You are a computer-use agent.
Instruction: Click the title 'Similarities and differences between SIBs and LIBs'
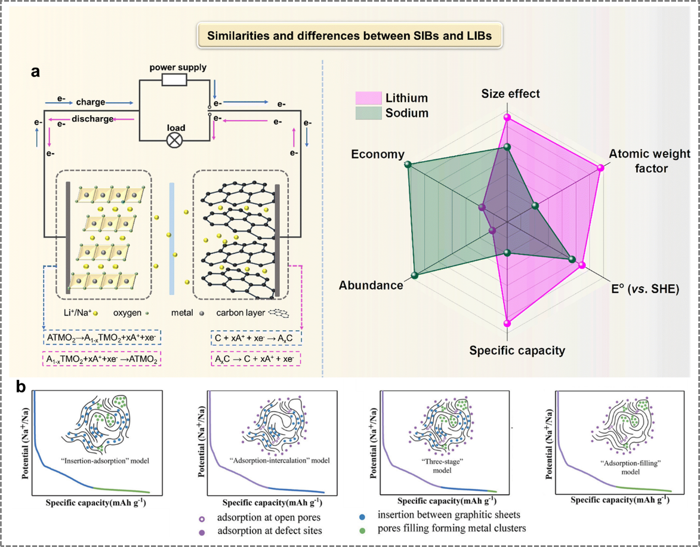coord(349,36)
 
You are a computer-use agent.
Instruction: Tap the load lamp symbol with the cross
coord(175,140)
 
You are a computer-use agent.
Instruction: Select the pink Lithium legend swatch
coord(368,98)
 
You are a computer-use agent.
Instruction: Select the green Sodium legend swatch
coord(368,112)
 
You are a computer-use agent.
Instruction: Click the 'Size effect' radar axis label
coord(510,94)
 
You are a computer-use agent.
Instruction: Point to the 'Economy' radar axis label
coord(378,154)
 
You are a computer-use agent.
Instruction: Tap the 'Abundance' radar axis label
coord(371,285)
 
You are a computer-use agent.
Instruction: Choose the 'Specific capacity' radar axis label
coord(517,351)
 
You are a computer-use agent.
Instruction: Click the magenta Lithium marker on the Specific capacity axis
coord(507,323)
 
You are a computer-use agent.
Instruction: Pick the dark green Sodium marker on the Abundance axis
coord(414,275)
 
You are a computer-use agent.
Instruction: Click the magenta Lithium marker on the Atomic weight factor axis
coord(600,168)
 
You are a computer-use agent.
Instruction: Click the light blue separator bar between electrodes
coord(172,238)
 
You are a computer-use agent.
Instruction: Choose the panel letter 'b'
coord(21,387)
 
